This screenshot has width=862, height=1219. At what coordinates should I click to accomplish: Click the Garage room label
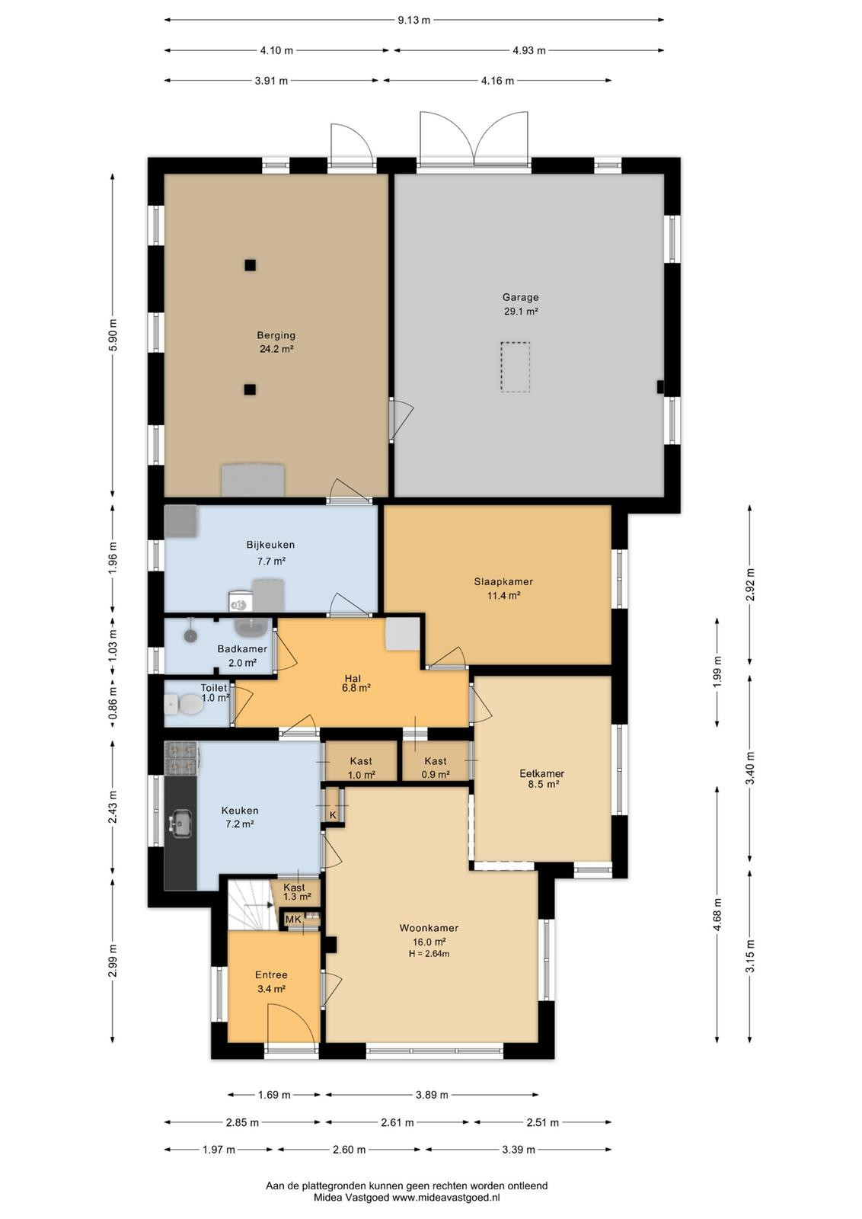[520, 297]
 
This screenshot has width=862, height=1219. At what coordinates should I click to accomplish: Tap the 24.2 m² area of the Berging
[276, 349]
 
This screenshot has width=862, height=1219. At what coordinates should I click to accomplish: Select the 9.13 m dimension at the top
[413, 20]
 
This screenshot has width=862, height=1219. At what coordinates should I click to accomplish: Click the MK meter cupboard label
[293, 919]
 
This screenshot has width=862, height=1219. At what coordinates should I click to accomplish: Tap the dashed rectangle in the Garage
[515, 366]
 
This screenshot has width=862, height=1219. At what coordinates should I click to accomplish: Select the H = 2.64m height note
[429, 953]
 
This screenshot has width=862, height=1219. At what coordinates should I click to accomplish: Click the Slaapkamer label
[503, 581]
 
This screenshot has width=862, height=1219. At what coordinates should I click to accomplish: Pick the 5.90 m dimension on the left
[113, 334]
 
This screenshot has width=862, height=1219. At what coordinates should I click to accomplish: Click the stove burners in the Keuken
[180, 759]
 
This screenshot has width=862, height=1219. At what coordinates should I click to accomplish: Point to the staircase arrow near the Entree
[259, 904]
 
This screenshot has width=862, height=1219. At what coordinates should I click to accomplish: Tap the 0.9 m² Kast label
[436, 775]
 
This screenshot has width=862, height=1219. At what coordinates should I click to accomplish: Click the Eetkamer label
[541, 773]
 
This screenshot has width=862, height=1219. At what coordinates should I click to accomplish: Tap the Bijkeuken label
[270, 544]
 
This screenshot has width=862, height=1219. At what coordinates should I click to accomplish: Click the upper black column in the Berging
[250, 265]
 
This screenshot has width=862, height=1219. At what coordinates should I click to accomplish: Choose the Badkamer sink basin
[251, 628]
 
